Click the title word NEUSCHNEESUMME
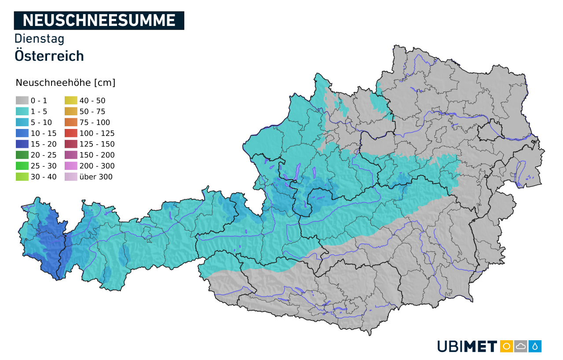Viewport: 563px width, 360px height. tap(99, 20)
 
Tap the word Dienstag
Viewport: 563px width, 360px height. tap(40, 39)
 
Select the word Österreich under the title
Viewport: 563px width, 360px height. tap(49, 56)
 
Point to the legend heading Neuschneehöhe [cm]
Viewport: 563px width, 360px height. tap(66, 83)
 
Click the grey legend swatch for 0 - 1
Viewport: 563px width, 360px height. tap(22, 101)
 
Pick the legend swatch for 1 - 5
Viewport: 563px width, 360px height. tap(22, 112)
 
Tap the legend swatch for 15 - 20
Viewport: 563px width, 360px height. tap(22, 144)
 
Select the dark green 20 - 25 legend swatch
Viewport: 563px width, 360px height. tap(22, 155)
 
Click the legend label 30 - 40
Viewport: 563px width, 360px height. tap(44, 177)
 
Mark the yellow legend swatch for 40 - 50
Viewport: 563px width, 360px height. tap(71, 101)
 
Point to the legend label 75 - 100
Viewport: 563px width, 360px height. tap(95, 122)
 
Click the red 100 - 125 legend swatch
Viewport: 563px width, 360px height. tap(71, 133)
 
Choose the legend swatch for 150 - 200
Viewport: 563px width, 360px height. tap(71, 155)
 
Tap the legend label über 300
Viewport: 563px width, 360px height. tap(96, 177)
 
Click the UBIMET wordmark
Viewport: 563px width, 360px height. tap(467, 346)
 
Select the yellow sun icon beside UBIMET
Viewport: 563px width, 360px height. tap(507, 346)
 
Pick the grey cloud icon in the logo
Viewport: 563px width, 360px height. tap(521, 346)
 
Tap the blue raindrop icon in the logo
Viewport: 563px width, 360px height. tap(535, 346)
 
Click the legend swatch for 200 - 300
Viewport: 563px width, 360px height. tap(71, 166)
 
